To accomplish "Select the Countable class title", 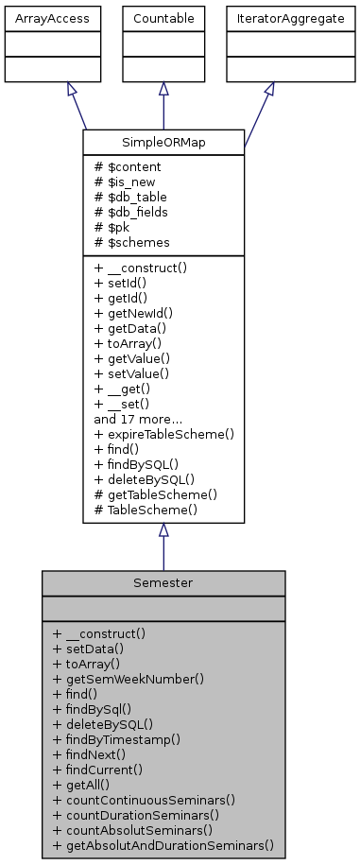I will coord(163,18).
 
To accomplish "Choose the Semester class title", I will coord(163,583).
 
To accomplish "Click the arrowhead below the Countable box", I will coord(163,89).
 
